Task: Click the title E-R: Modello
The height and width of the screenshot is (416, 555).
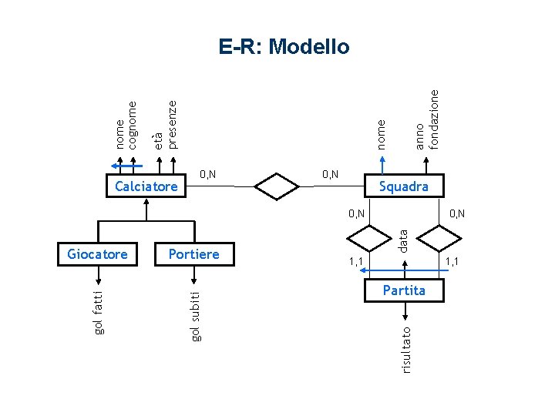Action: (x=284, y=47)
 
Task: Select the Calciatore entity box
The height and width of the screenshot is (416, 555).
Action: (x=146, y=186)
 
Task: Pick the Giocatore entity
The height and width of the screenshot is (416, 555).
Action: (x=97, y=253)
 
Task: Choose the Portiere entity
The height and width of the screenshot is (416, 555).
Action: (x=193, y=253)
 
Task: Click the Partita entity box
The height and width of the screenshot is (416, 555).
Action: (x=403, y=290)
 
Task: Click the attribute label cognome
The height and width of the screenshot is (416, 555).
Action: (x=133, y=124)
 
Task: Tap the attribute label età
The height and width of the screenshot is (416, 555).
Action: (x=157, y=140)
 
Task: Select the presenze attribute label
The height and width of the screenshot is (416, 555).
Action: (x=173, y=122)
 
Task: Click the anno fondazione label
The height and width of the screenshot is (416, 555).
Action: (x=426, y=119)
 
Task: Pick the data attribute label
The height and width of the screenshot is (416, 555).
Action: (x=402, y=234)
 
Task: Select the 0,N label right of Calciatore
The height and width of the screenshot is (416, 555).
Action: (x=207, y=174)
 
